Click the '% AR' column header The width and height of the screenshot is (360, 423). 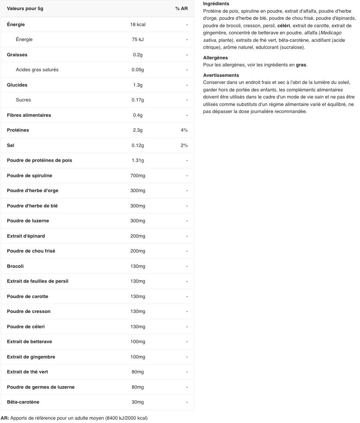(x=181, y=9)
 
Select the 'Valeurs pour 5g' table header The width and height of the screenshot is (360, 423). (x=25, y=9)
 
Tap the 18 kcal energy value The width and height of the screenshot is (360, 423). (x=138, y=25)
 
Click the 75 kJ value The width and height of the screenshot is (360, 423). (x=138, y=40)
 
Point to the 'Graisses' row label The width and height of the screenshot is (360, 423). (x=17, y=55)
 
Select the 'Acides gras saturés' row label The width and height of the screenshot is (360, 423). (x=37, y=70)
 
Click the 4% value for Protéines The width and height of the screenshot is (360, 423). (x=184, y=130)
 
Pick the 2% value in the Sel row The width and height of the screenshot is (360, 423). (x=184, y=145)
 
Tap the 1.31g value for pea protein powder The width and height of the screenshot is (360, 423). (x=138, y=160)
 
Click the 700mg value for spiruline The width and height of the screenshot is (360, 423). (x=138, y=176)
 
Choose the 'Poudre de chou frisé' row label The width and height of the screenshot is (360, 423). (x=31, y=251)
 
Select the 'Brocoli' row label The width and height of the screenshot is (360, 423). (x=15, y=266)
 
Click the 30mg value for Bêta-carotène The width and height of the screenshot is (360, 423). (x=138, y=402)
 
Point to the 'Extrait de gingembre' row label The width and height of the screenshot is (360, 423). (x=31, y=357)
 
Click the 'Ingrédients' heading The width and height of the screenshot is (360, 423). (x=216, y=4)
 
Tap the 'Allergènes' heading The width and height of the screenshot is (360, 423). (x=215, y=58)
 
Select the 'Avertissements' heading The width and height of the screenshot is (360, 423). (x=221, y=75)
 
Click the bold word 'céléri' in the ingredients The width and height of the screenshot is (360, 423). (x=283, y=26)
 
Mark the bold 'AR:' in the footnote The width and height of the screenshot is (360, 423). (x=5, y=418)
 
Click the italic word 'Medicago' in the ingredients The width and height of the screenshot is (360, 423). (x=331, y=33)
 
